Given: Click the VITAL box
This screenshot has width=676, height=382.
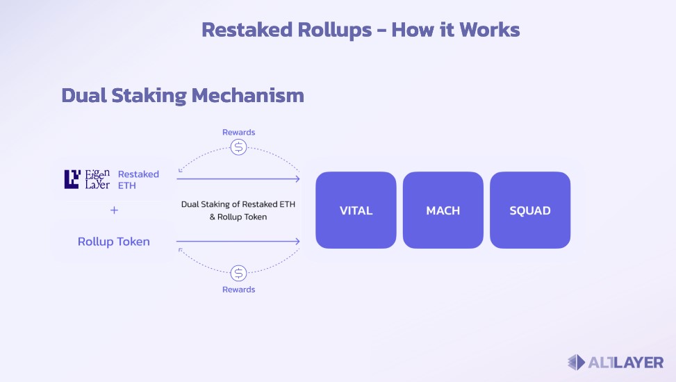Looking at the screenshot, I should (356, 210).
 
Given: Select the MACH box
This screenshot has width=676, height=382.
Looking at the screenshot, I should (443, 210).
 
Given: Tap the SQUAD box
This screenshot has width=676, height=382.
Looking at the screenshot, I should (530, 210).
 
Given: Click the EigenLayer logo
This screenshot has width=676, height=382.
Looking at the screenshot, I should (87, 179).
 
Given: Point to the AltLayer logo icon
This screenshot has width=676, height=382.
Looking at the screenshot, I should (577, 362).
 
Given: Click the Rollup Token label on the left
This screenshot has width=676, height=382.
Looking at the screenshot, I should (113, 242).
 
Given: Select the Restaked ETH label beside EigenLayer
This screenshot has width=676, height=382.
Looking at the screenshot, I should (138, 179).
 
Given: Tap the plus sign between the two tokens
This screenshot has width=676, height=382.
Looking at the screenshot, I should (114, 210).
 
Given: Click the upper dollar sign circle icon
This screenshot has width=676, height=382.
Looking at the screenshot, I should (239, 147).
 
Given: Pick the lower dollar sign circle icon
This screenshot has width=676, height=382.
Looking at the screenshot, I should (239, 273).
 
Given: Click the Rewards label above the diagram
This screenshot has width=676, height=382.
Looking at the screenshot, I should (238, 132).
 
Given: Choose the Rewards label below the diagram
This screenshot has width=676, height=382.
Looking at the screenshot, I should (238, 289).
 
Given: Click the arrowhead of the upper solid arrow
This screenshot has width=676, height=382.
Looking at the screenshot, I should (297, 179).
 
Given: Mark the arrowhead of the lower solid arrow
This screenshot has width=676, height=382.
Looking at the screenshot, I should (297, 242).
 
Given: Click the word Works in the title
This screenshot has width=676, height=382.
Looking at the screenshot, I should (490, 30).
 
